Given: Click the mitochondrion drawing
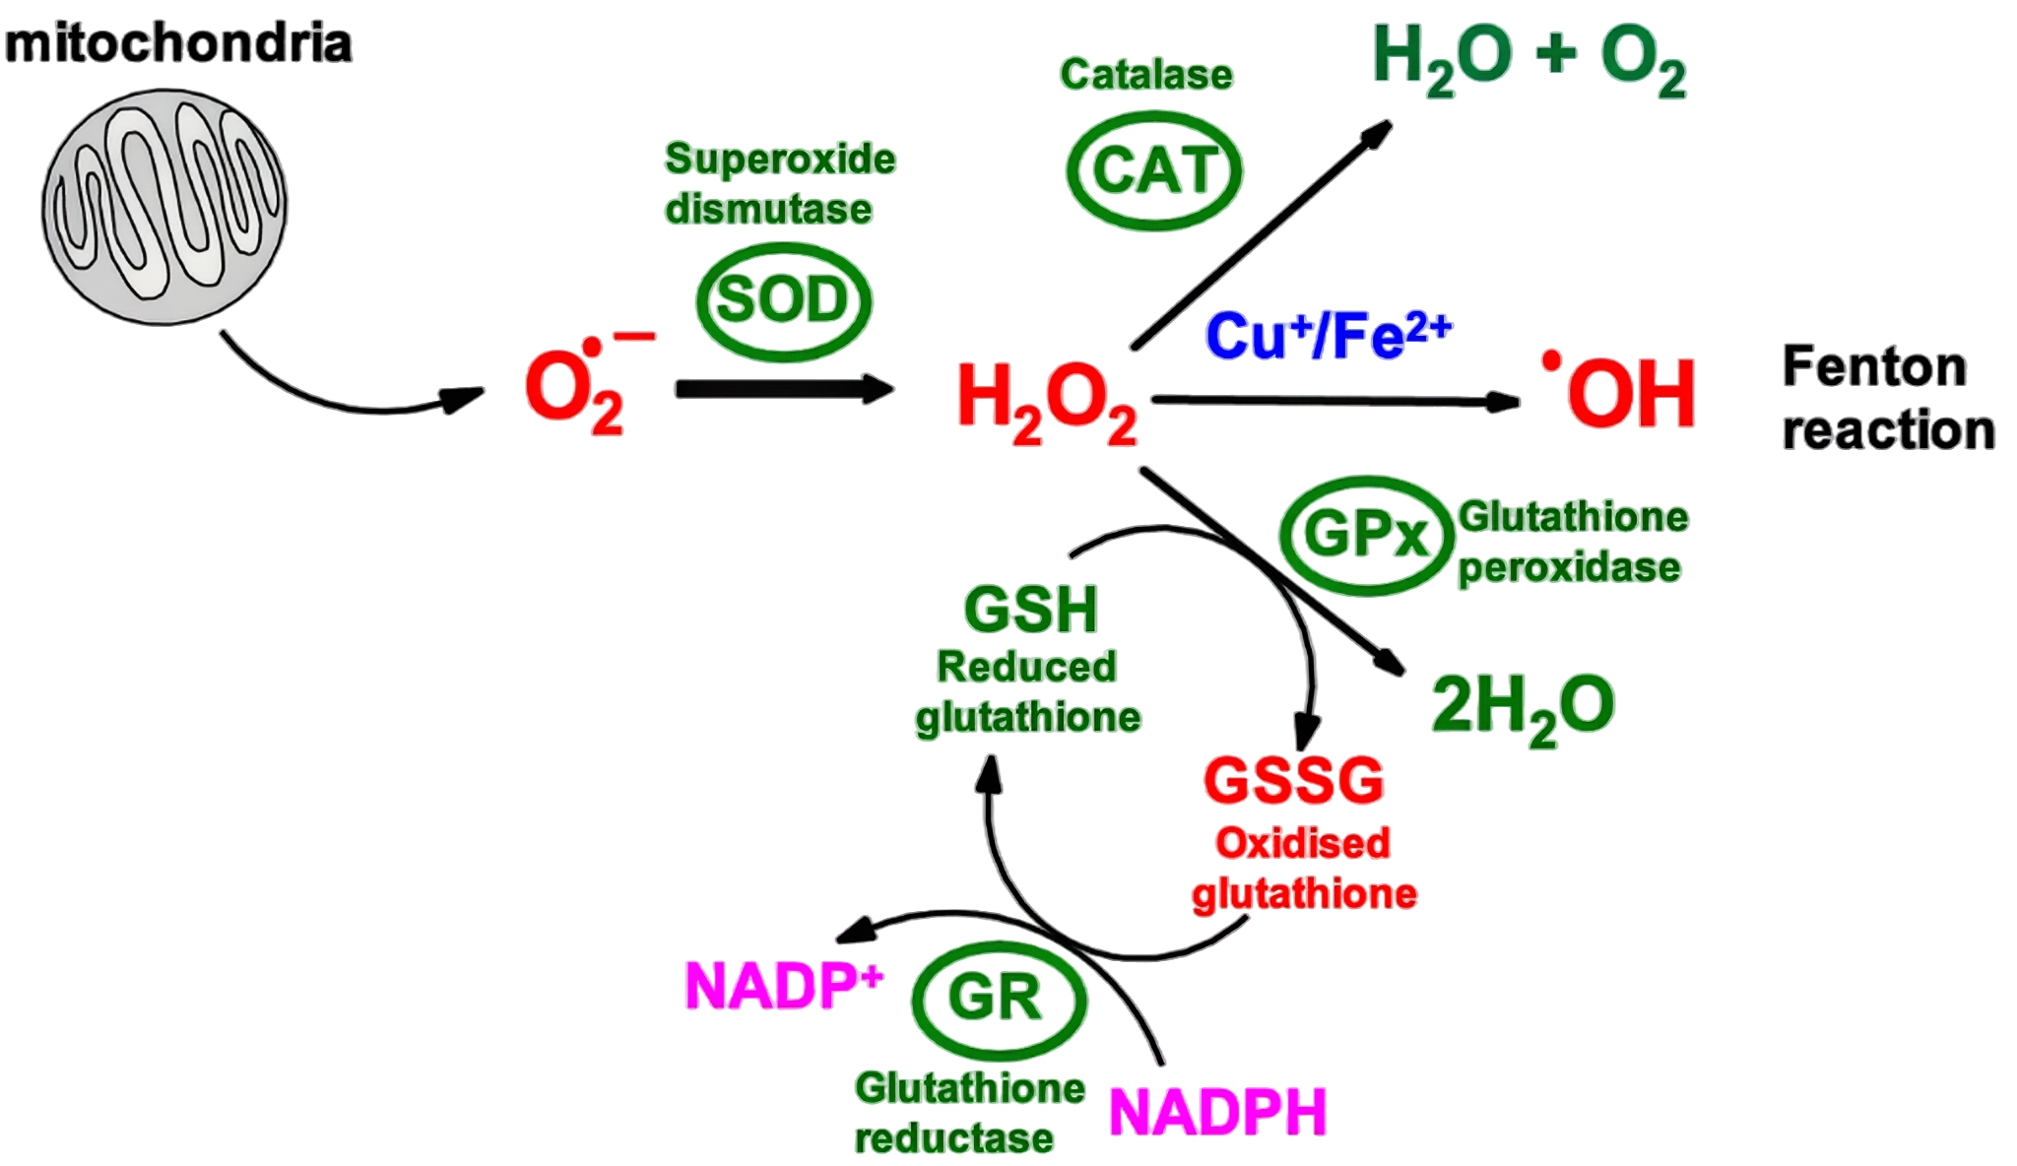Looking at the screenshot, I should click(164, 208).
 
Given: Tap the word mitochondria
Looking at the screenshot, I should click(177, 44).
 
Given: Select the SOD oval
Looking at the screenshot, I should click(783, 300).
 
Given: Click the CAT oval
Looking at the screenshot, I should click(1153, 170).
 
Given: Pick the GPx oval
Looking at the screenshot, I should click(1366, 536).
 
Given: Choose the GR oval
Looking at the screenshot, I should click(998, 999).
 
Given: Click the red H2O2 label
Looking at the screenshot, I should click(1046, 402).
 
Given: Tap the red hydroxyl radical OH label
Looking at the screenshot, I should click(1625, 394).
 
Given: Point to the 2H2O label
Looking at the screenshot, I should click(1523, 707).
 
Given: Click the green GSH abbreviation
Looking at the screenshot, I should click(1030, 610).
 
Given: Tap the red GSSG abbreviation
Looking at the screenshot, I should click(1293, 781).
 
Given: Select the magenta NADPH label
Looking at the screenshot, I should click(1217, 1113).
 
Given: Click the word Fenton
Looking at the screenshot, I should click(1874, 367).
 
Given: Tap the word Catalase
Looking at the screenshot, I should click(1145, 75).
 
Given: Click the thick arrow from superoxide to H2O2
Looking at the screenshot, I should click(783, 389).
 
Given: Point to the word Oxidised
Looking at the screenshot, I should click(1302, 843).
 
